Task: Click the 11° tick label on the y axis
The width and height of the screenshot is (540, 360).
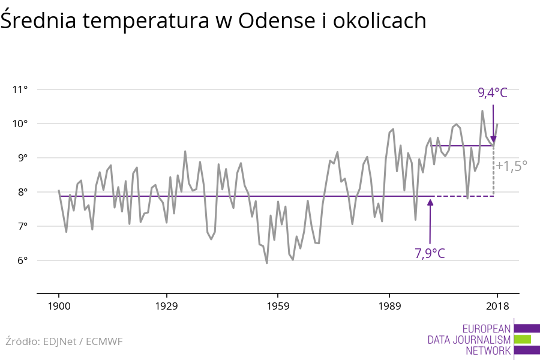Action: [x=20, y=90]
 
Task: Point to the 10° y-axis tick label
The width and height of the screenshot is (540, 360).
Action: [x=20, y=124]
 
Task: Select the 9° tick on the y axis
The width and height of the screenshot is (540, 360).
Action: [x=22, y=158]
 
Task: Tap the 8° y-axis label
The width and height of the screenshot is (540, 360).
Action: [x=22, y=193]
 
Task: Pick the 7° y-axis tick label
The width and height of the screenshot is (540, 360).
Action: [x=22, y=227]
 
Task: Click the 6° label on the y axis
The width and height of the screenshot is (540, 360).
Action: [x=22, y=261]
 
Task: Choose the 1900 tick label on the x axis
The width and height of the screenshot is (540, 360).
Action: [x=59, y=306]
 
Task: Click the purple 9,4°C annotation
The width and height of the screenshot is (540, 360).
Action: [x=493, y=93]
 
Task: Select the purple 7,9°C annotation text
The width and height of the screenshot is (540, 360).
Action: [x=430, y=253]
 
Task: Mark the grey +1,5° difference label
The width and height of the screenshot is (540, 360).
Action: [x=511, y=166]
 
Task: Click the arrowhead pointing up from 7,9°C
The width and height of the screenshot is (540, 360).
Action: [x=430, y=202]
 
